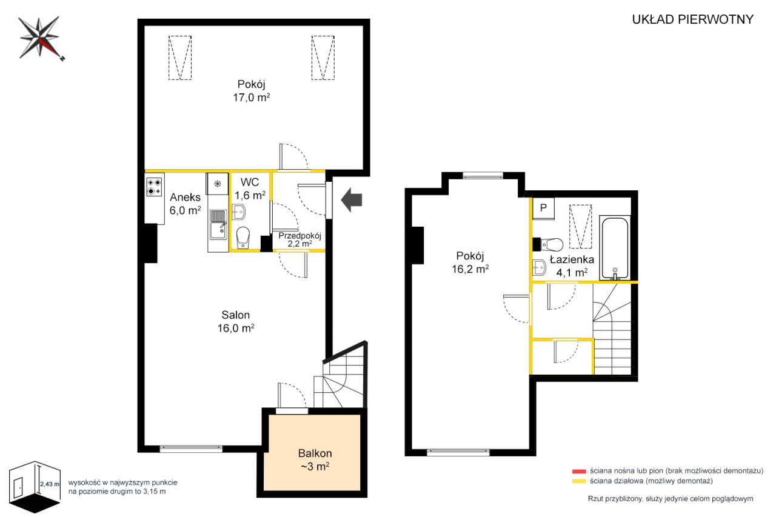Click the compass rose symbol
click(x=40, y=38)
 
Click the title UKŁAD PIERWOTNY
click(x=692, y=19)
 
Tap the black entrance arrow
click(x=352, y=200)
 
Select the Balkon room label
click(x=315, y=453)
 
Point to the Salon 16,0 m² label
click(x=236, y=321)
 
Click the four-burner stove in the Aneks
click(x=154, y=187)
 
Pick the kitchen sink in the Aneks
click(x=218, y=224)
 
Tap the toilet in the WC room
click(x=243, y=238)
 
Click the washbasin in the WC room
click(x=238, y=212)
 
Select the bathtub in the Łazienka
click(x=615, y=248)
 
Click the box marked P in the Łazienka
click(x=543, y=208)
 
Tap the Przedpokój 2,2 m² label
click(x=299, y=239)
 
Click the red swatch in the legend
click(x=579, y=472)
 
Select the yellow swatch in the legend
click(x=579, y=481)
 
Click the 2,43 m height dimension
click(x=50, y=484)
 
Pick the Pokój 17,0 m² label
click(x=252, y=91)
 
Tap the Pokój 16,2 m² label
click(x=470, y=262)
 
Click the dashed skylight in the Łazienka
click(x=581, y=227)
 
